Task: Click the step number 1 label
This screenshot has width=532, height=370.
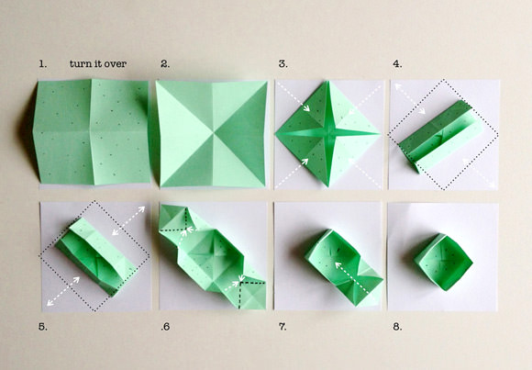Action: coord(42,64)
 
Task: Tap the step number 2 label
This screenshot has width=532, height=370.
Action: coord(165,64)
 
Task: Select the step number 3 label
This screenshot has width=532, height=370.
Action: coord(283,64)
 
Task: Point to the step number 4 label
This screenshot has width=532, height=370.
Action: coord(397,64)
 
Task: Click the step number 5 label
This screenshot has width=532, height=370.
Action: coord(43,327)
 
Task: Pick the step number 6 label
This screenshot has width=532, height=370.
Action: coord(165,327)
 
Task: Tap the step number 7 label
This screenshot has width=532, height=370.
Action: coord(283,327)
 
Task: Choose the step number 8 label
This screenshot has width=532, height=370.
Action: coord(397,327)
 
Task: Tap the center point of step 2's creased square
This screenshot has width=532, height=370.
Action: coord(213,133)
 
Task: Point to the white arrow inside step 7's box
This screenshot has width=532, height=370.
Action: coord(351,277)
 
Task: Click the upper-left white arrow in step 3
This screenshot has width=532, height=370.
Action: coord(294,96)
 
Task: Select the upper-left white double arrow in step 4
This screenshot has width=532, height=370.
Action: coord(410,98)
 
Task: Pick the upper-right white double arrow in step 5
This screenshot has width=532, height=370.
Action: coord(128,220)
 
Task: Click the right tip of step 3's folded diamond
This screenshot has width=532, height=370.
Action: coord(380,133)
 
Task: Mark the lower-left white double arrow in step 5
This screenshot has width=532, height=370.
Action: coord(63,291)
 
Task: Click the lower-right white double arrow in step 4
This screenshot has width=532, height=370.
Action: coord(479,173)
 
